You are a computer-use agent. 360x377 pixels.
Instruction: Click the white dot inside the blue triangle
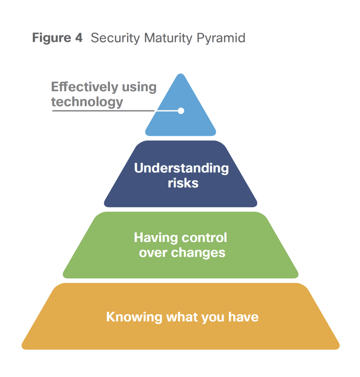pos(181,111)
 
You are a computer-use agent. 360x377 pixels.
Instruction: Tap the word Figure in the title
pos(52,38)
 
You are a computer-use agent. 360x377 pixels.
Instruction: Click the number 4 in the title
pos(79,38)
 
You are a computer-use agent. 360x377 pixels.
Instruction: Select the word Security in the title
pos(115,38)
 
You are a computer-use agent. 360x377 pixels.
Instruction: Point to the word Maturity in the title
pos(168,38)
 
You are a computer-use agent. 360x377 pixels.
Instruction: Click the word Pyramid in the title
pos(221,38)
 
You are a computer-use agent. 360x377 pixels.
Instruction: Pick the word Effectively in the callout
pos(84,87)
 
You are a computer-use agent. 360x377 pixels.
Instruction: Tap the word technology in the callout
pos(87,102)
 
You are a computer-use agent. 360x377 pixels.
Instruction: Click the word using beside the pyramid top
pos(139,87)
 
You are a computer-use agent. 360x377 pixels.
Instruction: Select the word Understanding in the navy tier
pos(181,168)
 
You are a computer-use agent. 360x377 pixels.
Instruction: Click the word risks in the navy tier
pos(183,183)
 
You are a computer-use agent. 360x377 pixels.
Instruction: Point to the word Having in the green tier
pos(156,238)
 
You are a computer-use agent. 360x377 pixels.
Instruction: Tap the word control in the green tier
pos(204,237)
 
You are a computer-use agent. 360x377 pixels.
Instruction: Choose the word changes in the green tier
pos(198,253)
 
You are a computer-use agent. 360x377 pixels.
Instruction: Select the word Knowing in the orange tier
pos(134,317)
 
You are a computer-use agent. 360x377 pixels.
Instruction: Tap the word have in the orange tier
pos(243,317)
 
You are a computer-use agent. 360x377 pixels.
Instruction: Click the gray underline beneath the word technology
pos(103,111)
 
